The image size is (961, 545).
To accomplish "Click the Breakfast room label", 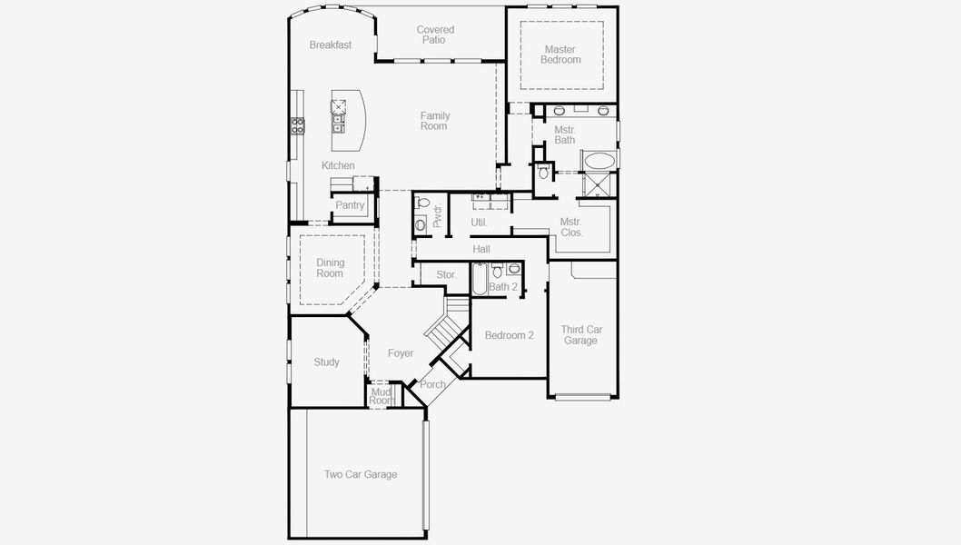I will click(330, 45).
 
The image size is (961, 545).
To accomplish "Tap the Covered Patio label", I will click(435, 35).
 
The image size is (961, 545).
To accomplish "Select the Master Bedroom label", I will click(560, 54).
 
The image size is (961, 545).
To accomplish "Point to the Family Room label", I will click(434, 121).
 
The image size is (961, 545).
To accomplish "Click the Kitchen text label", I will click(338, 165).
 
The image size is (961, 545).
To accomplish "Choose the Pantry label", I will click(350, 205).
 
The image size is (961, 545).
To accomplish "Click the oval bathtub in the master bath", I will click(598, 162).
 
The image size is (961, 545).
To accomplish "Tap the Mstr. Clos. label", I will click(570, 227).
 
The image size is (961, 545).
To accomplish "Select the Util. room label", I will click(479, 223).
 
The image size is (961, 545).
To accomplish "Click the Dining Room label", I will click(330, 268).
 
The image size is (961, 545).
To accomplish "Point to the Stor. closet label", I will click(446, 274).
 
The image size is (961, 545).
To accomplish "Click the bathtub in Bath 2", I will click(479, 278).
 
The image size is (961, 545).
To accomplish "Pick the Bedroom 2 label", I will click(509, 335).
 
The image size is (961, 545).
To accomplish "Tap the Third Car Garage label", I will click(580, 335).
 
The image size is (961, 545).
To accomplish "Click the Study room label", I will click(326, 362).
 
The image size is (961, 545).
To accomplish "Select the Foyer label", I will click(401, 353).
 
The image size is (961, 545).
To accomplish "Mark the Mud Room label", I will click(381, 396).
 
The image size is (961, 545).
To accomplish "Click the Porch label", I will click(433, 384).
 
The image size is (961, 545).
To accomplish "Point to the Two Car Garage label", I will click(361, 474).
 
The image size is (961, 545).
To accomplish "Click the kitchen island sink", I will click(338, 118).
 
